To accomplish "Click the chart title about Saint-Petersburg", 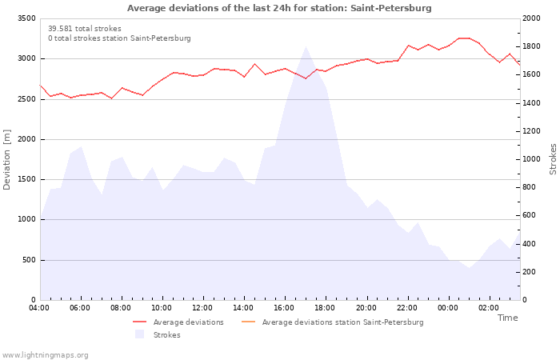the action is (x=279, y=8).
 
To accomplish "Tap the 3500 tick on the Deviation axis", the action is (x=26, y=18).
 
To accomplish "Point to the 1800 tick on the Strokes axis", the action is (x=531, y=46).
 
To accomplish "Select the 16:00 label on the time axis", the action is (x=284, y=308).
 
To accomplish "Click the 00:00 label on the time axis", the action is (x=447, y=308).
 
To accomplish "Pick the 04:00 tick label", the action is (x=39, y=308).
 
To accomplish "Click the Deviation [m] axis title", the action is (x=6, y=160).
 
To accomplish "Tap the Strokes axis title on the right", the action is (x=553, y=159).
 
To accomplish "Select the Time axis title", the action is (x=507, y=318).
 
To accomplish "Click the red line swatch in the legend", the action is (x=140, y=322).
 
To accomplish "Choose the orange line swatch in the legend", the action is (x=249, y=322).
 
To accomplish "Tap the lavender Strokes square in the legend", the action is (x=140, y=334).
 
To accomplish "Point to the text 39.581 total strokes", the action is (x=85, y=29).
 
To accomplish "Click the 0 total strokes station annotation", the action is (x=119, y=38).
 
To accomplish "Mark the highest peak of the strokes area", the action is (x=306, y=46).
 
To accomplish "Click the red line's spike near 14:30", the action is (x=254, y=64).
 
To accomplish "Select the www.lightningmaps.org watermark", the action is (x=45, y=355).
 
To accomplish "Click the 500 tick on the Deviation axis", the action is (x=29, y=260).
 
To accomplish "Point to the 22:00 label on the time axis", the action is (x=406, y=308).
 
